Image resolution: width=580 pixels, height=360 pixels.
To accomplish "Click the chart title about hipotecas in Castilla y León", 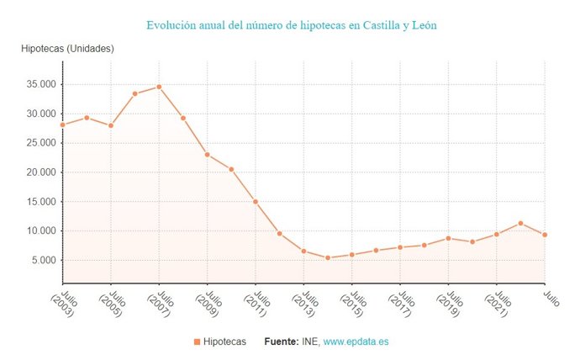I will tap(291, 25).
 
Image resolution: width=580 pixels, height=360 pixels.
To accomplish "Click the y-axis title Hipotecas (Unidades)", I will tap(67, 49).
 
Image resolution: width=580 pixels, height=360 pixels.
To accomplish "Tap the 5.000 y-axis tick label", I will tap(41, 260).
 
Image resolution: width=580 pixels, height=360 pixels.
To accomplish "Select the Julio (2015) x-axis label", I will tap(353, 310).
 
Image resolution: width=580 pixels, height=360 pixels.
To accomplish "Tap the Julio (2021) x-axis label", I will tap(498, 310).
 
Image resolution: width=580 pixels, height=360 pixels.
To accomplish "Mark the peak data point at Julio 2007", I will tap(159, 87).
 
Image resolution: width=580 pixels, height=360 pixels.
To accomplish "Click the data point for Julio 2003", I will tap(63, 124).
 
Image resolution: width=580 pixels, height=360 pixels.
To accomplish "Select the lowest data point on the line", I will tap(328, 257).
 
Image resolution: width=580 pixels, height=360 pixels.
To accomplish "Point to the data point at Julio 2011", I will tap(256, 202).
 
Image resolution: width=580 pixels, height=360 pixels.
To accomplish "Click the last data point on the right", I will tap(545, 235).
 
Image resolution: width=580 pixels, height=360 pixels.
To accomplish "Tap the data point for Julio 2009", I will tap(208, 155).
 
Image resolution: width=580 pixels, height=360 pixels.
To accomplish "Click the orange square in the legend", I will tap(197, 342).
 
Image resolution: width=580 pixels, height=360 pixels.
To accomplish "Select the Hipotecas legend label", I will tap(224, 342).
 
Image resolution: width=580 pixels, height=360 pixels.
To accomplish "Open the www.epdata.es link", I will tap(356, 342).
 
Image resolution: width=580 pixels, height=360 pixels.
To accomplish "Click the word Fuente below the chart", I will tap(281, 342).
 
